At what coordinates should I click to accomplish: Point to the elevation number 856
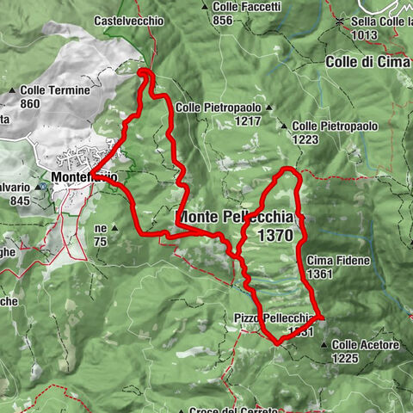click(222, 20)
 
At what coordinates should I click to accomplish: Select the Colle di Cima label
click(367, 62)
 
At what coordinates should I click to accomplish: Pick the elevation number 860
click(30, 104)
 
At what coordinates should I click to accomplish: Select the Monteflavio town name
click(83, 178)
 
